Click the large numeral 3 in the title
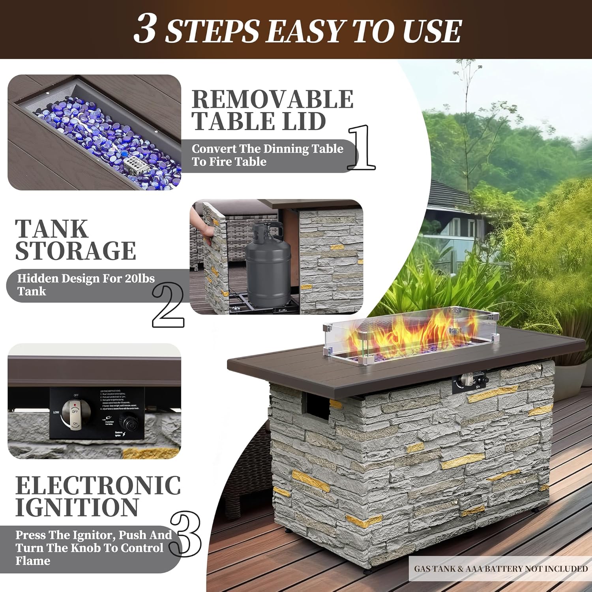[145, 29]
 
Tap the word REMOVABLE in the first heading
[272, 99]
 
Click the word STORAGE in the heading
[75, 251]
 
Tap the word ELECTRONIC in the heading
[98, 485]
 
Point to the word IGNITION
[77, 508]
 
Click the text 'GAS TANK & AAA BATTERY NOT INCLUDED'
[500, 569]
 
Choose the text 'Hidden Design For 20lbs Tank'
[85, 285]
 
